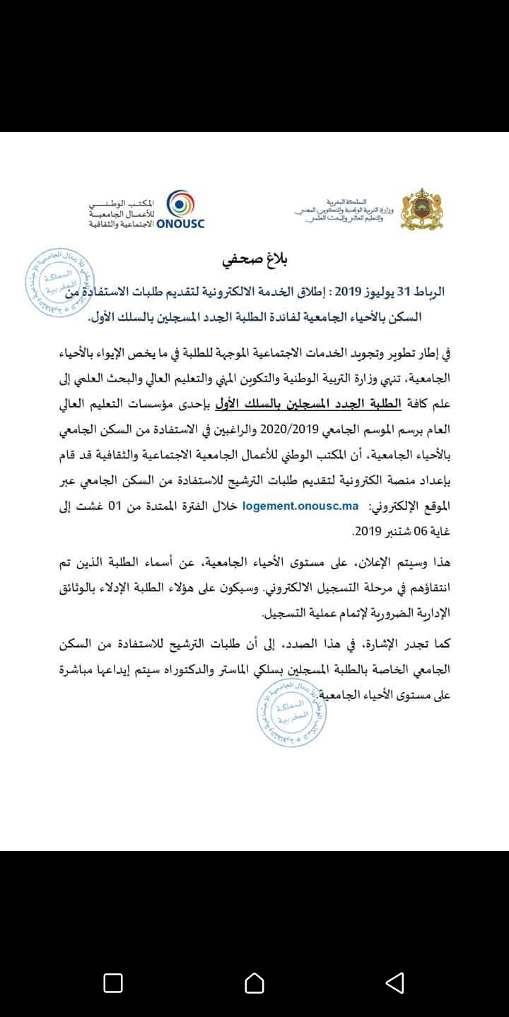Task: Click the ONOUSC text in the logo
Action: click(x=177, y=224)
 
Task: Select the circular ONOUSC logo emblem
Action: click(x=181, y=204)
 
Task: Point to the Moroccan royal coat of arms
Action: click(x=421, y=209)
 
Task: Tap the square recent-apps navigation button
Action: click(x=113, y=983)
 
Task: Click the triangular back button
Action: click(x=394, y=983)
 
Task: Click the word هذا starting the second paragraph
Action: click(x=439, y=564)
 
